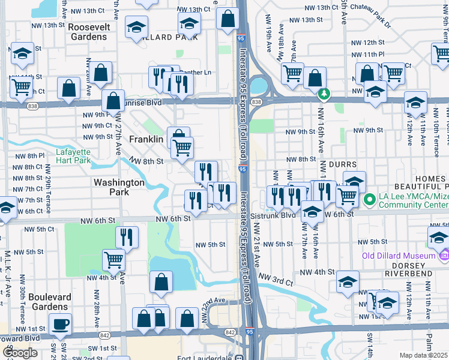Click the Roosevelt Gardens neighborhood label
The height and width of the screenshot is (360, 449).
click(87, 32)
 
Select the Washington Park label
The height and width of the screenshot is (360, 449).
click(119, 187)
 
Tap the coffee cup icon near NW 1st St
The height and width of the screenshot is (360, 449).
click(60, 325)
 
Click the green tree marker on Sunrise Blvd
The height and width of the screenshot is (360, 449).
click(324, 94)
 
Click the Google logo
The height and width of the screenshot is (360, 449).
click(20, 353)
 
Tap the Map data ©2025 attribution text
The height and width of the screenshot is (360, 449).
click(424, 355)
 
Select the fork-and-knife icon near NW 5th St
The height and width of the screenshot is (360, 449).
click(127, 236)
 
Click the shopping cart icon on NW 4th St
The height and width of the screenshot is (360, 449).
click(113, 259)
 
